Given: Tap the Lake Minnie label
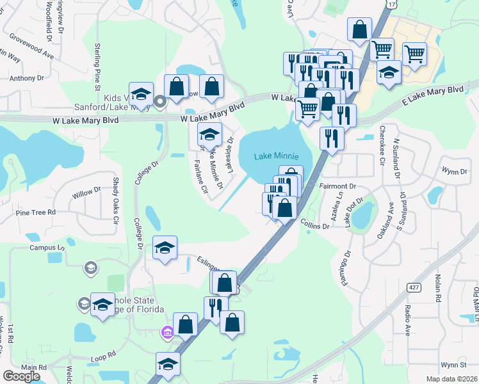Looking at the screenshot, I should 276,156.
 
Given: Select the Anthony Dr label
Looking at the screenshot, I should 26,78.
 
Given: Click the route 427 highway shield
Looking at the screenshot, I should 414,289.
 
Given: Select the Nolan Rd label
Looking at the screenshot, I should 437,288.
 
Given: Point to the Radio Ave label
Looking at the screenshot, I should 407,319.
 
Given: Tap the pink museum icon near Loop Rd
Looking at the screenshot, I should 167,332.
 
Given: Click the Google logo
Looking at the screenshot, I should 21,376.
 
